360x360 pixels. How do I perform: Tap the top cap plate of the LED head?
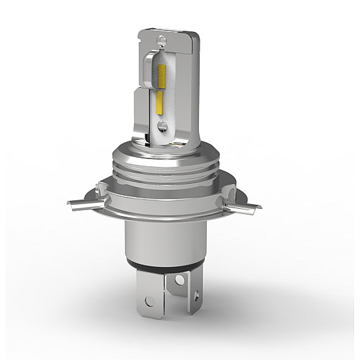(x=170, y=37)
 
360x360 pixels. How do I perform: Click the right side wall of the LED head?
(x=189, y=92)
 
